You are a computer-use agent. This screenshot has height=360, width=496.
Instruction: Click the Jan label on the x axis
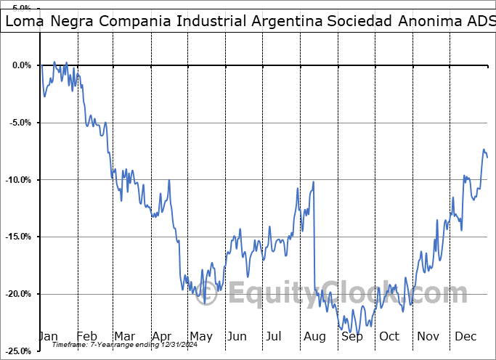(48, 336)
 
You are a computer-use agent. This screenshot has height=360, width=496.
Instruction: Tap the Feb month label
(86, 336)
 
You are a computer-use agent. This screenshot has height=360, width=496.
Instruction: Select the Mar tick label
(124, 336)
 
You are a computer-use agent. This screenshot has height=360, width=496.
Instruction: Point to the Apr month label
(162, 336)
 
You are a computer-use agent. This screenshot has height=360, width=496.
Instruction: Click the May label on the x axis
(200, 336)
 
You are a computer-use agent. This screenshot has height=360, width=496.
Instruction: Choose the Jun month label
(237, 336)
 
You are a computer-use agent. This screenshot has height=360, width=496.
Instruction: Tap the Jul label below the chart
(274, 336)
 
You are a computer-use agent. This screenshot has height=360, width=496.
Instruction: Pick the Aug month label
(315, 336)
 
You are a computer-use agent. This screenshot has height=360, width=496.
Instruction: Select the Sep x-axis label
(352, 336)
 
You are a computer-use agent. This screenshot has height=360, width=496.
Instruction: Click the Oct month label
(389, 336)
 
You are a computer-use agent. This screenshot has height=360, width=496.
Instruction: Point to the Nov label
(428, 336)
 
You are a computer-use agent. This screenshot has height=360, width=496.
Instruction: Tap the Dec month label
(465, 336)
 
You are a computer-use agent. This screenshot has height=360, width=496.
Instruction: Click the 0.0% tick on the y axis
(20, 65)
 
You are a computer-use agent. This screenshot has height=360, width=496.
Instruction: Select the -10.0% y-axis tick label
(17, 180)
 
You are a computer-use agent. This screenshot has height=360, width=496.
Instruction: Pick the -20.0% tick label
(17, 294)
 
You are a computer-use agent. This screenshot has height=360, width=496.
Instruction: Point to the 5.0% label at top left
(20, 9)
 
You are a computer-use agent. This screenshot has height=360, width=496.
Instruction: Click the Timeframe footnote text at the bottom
(120, 345)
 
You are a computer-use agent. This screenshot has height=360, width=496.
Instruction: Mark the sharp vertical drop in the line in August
(314, 240)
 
